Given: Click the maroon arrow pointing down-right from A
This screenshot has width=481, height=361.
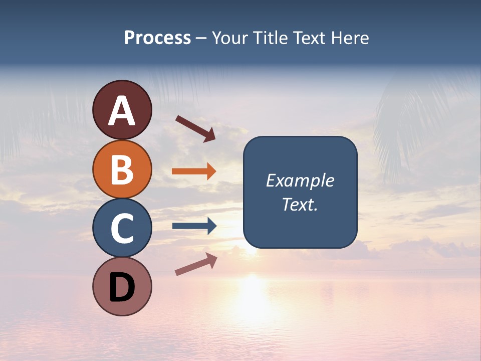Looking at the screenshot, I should tap(195, 128).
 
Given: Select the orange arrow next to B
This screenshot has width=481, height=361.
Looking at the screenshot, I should tap(193, 171).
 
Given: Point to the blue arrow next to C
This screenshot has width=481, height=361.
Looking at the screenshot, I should tap(194, 226).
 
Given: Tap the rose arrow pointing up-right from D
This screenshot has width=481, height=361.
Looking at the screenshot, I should tap(196, 264).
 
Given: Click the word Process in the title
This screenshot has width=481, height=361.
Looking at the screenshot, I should tap(157, 38).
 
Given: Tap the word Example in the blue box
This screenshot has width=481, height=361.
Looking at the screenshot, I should tap(300, 180).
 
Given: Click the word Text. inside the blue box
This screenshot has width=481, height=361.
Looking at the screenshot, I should tap(300, 205).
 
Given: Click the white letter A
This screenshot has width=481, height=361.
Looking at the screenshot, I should tap(122, 110).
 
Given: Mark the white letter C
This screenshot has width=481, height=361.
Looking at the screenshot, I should tap(122, 229).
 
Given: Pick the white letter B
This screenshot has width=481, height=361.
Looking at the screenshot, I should tap(122, 169).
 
